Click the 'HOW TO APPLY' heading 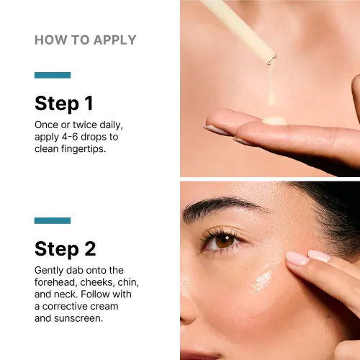pyautogui.click(x=85, y=40)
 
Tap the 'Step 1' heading pyautogui.click(x=65, y=103)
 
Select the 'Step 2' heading pyautogui.click(x=65, y=249)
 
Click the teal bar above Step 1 pyautogui.click(x=53, y=75)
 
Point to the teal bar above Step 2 pyautogui.click(x=53, y=220)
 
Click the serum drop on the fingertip pyautogui.click(x=275, y=121)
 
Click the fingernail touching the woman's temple pyautogui.click(x=297, y=258)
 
